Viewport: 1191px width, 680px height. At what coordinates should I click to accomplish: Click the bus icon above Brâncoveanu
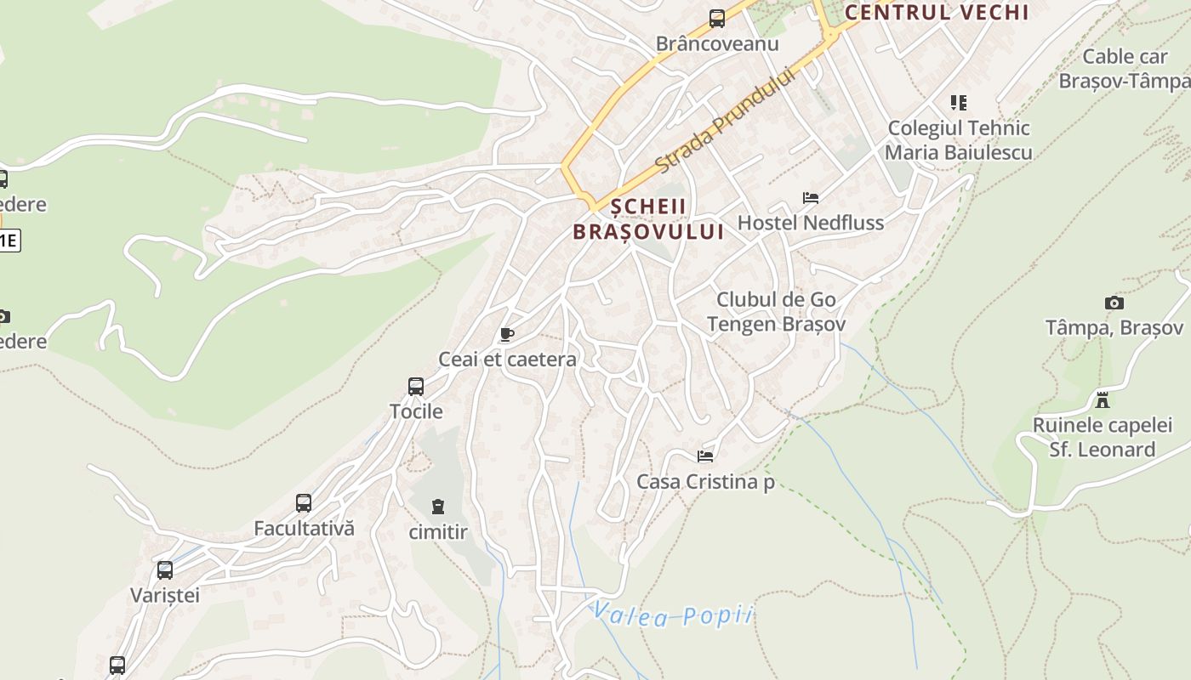pyautogui.click(x=717, y=18)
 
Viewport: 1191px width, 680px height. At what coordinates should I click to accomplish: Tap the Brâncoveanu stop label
pyautogui.click(x=717, y=43)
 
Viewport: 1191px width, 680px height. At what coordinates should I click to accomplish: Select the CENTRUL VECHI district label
pyautogui.click(x=937, y=12)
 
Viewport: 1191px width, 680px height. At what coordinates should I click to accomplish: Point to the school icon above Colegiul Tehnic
pyautogui.click(x=959, y=103)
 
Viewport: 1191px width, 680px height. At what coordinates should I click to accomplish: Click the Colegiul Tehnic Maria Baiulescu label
pyautogui.click(x=959, y=140)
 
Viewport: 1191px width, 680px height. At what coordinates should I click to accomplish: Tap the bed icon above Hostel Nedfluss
pyautogui.click(x=811, y=198)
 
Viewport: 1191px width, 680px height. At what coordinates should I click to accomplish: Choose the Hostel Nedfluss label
pyautogui.click(x=811, y=223)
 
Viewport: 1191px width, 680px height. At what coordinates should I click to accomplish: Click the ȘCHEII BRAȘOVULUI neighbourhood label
pyautogui.click(x=648, y=218)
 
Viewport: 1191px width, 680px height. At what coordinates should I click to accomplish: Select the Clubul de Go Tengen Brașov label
pyautogui.click(x=776, y=312)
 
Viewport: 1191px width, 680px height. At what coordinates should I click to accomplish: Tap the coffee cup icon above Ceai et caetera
pyautogui.click(x=507, y=334)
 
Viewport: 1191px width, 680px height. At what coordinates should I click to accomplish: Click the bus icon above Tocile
pyautogui.click(x=416, y=387)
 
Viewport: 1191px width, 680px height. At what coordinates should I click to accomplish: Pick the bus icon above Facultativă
pyautogui.click(x=304, y=502)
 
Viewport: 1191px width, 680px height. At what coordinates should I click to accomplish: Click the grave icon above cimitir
pyautogui.click(x=438, y=507)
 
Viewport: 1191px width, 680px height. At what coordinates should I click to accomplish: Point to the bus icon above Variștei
pyautogui.click(x=165, y=569)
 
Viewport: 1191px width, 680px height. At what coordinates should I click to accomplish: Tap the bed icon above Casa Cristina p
pyautogui.click(x=705, y=456)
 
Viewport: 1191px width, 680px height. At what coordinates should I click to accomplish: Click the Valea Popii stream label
pyautogui.click(x=673, y=614)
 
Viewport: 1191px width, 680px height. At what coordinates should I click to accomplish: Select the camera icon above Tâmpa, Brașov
pyautogui.click(x=1114, y=303)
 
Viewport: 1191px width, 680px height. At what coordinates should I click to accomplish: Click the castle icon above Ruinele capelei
pyautogui.click(x=1103, y=399)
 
